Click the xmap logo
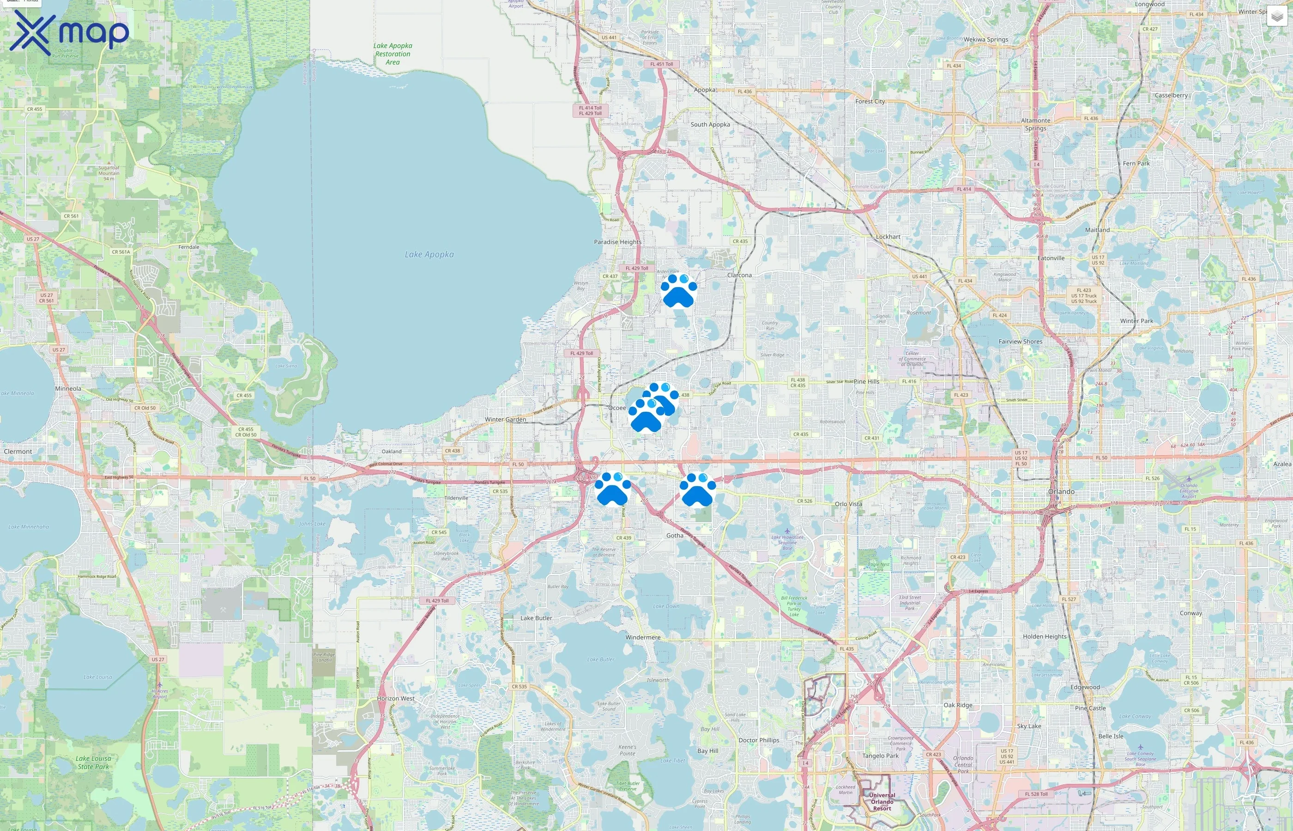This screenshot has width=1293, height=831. pos(69,32)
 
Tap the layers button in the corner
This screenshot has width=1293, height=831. pos(1277,17)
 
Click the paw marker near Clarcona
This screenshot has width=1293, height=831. pos(678,291)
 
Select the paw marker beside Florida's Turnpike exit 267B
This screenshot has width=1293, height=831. pos(612,489)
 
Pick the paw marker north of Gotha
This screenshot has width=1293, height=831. pos(697,490)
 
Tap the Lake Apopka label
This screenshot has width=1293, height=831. pos(429,255)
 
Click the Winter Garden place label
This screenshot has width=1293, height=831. pos(505,419)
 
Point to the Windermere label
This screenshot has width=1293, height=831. pos(643,637)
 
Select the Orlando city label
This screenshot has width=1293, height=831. pos(1061,492)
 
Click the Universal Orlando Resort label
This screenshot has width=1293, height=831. pos(882,801)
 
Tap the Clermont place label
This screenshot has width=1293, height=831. pos(18,452)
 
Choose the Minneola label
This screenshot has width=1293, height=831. pos(68,389)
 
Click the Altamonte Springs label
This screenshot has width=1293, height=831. pos(1036,124)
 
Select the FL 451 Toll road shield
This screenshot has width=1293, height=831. pos(661,64)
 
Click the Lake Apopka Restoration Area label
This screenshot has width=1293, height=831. pos(393,54)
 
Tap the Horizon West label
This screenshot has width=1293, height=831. pos(396,698)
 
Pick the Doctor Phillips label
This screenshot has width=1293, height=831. pos(759,741)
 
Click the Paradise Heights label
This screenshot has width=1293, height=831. pos(617,242)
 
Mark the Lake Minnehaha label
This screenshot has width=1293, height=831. pos(29,527)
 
